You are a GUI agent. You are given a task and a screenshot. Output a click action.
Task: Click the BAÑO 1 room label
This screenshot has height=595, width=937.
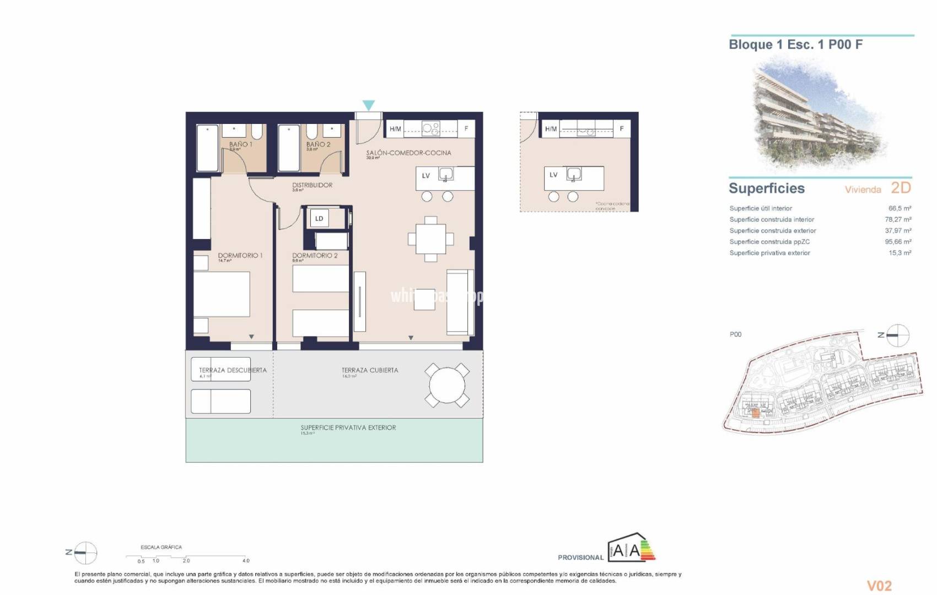tap(240, 144)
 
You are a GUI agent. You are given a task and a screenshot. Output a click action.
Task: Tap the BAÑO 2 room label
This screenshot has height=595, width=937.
tap(318, 144)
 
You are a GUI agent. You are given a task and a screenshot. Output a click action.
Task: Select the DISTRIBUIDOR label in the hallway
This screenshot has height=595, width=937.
tap(312, 185)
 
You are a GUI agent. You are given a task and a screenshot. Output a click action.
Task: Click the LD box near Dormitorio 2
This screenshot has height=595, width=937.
tap(319, 219)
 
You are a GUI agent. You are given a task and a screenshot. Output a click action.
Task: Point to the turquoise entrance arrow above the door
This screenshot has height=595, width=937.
tap(369, 105)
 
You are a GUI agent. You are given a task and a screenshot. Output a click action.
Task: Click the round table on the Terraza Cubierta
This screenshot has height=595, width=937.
tap(447, 385)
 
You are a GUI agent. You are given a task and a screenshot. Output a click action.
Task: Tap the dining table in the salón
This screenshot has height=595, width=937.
tap(430, 239)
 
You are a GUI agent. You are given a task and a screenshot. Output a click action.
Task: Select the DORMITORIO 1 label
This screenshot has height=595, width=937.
tap(240, 256)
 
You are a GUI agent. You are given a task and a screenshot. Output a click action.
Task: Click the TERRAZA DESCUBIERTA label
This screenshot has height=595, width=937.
tap(233, 370)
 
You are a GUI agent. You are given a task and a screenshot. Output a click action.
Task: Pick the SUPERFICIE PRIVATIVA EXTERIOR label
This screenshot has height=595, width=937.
tap(348, 428)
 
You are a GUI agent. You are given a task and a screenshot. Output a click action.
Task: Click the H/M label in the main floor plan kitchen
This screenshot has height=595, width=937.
tap(395, 129)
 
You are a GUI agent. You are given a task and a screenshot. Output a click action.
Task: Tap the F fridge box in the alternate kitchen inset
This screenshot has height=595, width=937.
tap(622, 129)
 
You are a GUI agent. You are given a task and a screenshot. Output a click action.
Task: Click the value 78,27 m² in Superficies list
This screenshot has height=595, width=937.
tap(897, 219)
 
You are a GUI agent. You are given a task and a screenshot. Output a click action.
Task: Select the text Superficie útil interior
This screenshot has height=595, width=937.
tap(761, 208)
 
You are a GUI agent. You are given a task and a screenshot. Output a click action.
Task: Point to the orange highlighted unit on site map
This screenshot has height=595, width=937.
tap(756, 412)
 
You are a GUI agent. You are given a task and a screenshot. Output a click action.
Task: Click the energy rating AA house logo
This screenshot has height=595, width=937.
tap(631, 549)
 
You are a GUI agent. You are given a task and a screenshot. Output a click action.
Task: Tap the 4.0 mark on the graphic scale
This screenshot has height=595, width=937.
tap(246, 560)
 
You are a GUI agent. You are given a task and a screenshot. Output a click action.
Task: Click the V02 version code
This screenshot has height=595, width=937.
tap(879, 585)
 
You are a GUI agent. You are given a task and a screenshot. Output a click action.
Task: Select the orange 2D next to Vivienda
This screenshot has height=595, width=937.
tap(901, 188)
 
